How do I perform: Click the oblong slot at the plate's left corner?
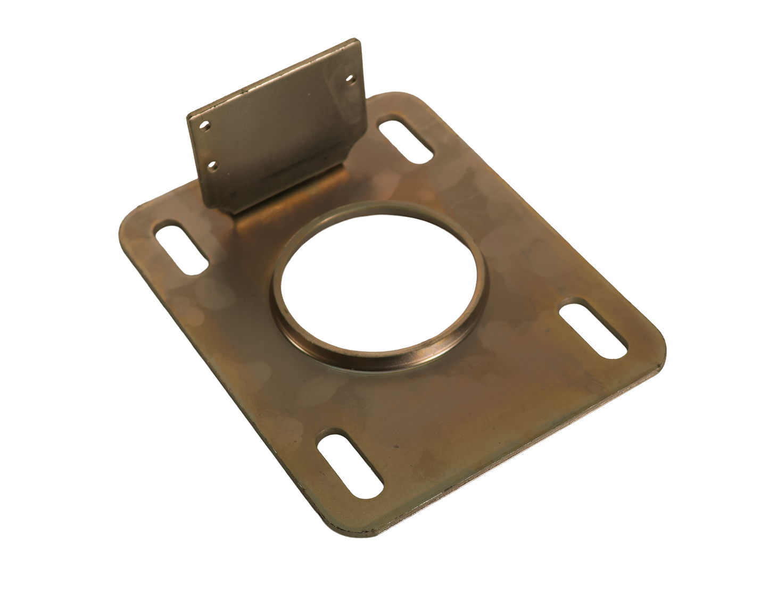(x=181, y=248)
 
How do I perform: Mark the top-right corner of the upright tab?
(x=358, y=40)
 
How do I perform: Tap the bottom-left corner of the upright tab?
(x=231, y=213)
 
